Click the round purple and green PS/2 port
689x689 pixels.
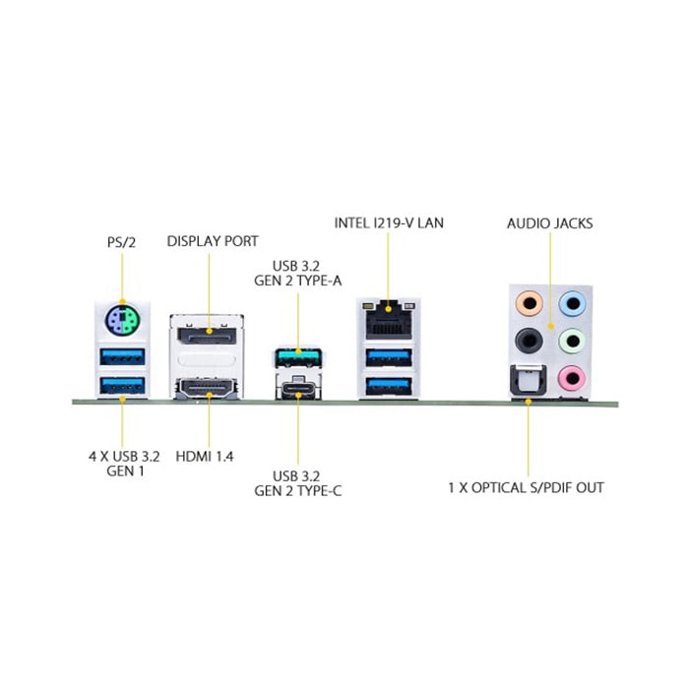pos(122,320)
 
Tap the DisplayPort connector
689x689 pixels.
pos(207,336)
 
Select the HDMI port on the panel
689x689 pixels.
pos(207,389)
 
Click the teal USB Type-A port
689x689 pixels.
pos(298,357)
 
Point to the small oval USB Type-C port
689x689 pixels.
pos(298,389)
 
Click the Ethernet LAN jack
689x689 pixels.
pos(389,320)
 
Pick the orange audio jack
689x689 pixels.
pos(530,303)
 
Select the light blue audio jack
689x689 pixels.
pos(572,303)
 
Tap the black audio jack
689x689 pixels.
pos(530,341)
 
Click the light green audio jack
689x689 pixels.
pos(572,341)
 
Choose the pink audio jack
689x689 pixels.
pos(572,378)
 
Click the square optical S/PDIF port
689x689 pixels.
pos(529,381)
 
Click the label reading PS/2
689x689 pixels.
pos(122,242)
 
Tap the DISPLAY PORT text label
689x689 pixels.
pos(213,241)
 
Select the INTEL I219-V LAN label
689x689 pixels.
pos(389,223)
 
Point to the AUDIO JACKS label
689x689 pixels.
pos(549,223)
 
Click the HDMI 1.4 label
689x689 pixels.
pos(205,457)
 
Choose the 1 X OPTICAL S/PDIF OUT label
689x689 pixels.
pos(526,488)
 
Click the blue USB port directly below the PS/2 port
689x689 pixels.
pos(122,356)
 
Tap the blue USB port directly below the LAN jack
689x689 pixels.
pos(389,357)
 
